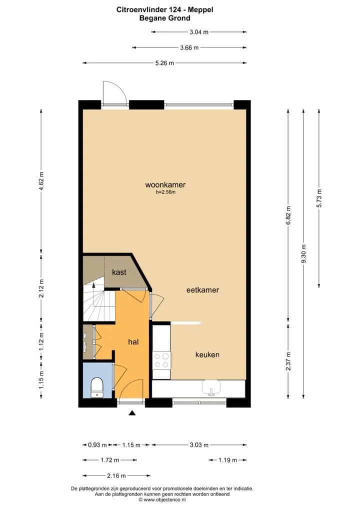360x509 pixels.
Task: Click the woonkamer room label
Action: (165, 184)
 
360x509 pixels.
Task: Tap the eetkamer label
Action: (202, 290)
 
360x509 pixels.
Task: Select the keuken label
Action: (207, 354)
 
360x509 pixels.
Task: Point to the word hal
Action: (133, 341)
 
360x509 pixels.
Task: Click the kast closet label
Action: (119, 272)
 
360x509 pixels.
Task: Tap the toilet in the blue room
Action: (96, 387)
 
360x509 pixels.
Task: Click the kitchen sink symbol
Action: (211, 388)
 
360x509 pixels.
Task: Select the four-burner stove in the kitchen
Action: (161, 360)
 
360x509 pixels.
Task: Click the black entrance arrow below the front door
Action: (132, 413)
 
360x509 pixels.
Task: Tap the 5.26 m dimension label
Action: (164, 63)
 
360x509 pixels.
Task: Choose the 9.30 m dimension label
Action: (303, 254)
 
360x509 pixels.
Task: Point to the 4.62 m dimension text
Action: (41, 182)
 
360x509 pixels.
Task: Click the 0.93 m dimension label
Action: (97, 444)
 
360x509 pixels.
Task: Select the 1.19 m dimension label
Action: (227, 460)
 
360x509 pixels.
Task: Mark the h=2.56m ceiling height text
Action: (165, 192)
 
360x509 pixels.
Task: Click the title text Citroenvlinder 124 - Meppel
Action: (165, 9)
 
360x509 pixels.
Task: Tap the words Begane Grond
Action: (165, 18)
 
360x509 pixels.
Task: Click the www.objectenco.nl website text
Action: (164, 500)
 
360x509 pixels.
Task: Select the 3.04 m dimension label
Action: (199, 32)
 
